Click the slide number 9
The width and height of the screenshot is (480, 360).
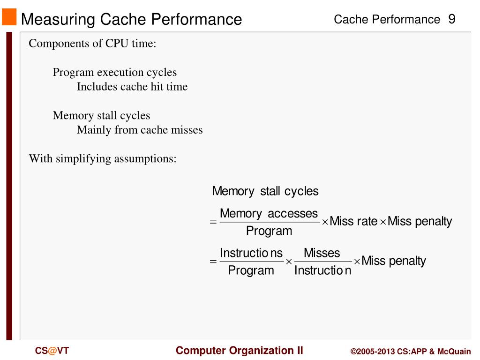452,19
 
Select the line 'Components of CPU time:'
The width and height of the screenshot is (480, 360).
92,44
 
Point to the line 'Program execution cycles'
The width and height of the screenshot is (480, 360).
114,73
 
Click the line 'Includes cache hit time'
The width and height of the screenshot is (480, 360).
132,87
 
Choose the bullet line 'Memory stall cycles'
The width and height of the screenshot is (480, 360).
101,115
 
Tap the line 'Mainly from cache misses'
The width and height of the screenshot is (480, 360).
140,130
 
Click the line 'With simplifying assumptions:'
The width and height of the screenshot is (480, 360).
103,158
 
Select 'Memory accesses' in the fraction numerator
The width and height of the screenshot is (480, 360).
269,214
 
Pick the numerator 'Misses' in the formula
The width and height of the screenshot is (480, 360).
322,253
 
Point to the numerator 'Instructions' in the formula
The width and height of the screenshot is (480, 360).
251,253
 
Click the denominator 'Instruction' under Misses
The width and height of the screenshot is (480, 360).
322,270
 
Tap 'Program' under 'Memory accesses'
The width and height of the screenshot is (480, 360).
269,231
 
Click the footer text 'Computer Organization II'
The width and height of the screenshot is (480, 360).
240,351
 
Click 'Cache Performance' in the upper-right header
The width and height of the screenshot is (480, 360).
387,20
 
